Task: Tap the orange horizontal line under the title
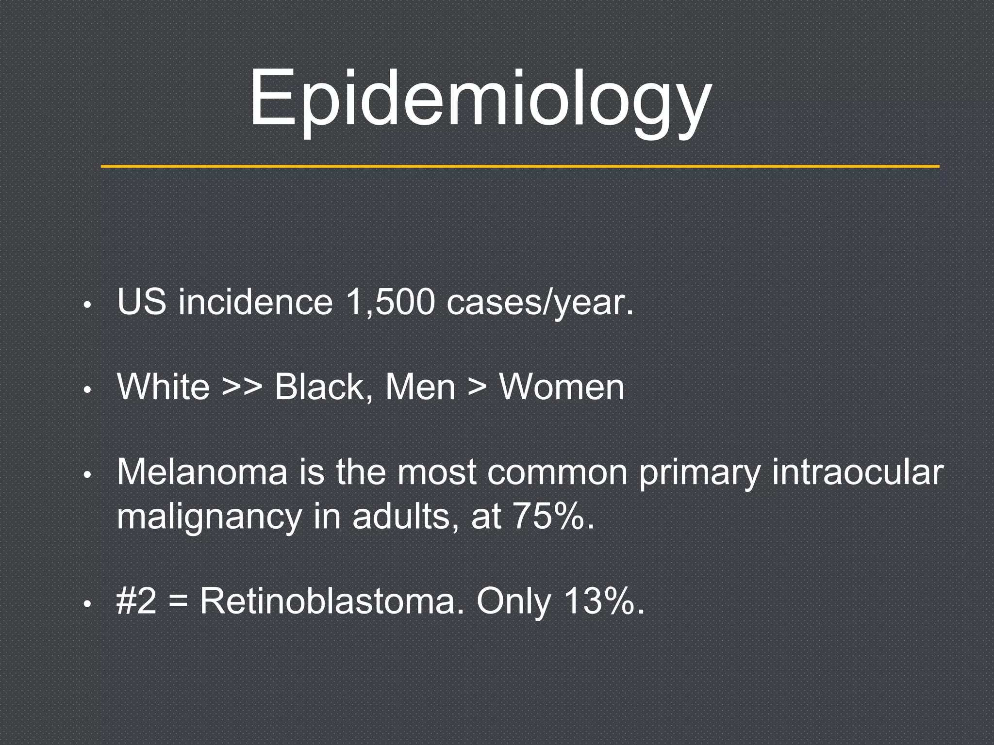(x=519, y=166)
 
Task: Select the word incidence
(x=255, y=302)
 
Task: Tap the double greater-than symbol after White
(x=242, y=388)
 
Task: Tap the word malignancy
(x=209, y=518)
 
